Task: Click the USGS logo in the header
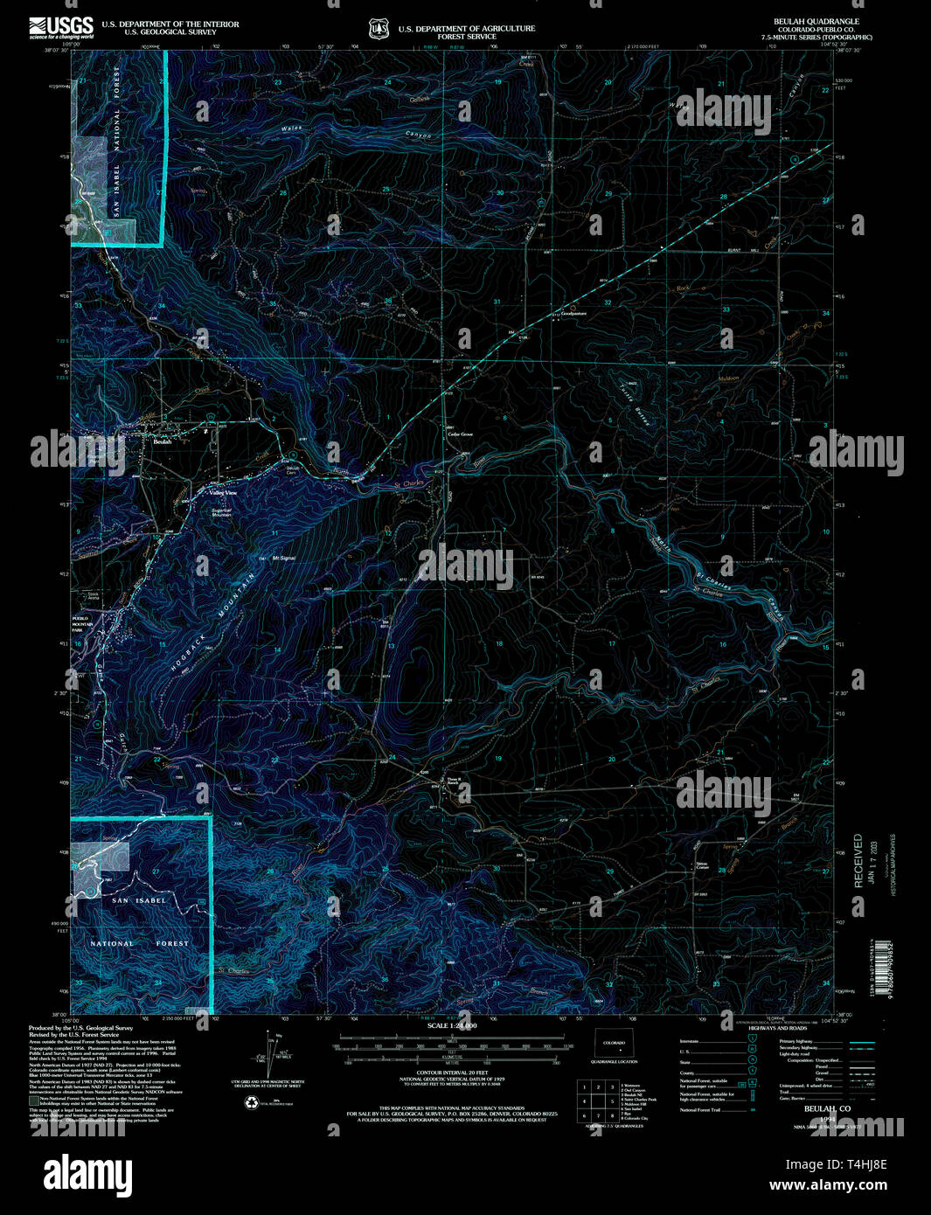(x=61, y=28)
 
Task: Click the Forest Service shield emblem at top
(x=379, y=30)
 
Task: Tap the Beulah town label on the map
(x=163, y=442)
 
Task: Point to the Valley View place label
(x=224, y=493)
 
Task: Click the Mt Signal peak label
(x=284, y=558)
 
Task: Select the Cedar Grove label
(x=460, y=434)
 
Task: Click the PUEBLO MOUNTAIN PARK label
(x=82, y=621)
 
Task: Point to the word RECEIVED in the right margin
(x=858, y=861)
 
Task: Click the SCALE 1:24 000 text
(x=452, y=1024)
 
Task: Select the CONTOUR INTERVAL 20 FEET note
(x=452, y=1072)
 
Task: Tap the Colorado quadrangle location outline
(x=614, y=1044)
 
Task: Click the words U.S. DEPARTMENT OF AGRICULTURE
(x=467, y=28)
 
